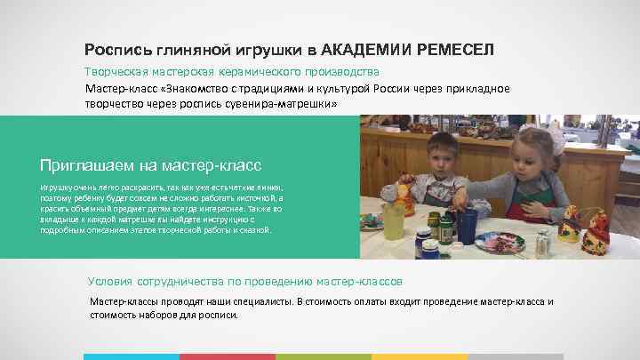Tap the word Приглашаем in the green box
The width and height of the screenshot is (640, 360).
(83, 165)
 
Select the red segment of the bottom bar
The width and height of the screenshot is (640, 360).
(228, 356)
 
